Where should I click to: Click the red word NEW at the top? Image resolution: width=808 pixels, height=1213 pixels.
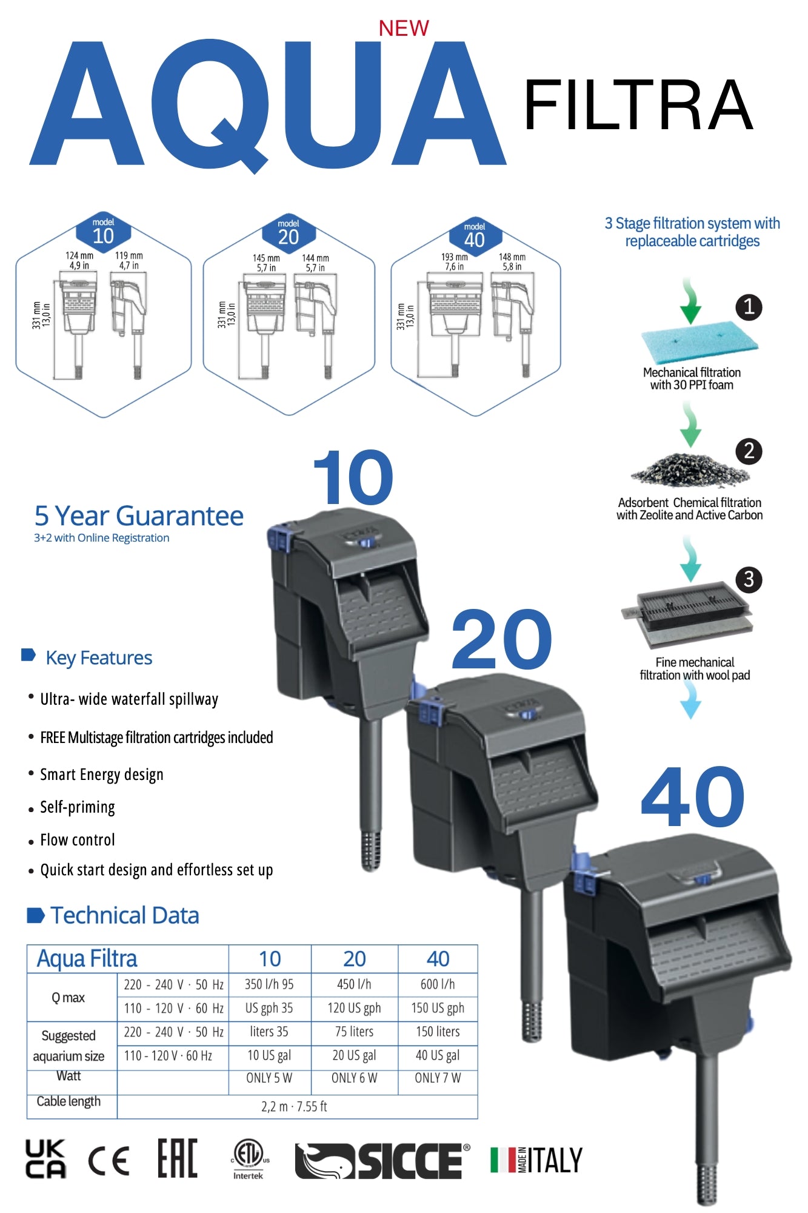point(404,28)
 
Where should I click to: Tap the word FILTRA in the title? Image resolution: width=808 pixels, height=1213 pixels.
point(638,106)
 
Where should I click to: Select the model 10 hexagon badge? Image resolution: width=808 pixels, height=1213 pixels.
point(103,232)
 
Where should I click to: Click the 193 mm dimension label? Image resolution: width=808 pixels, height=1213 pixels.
point(454,257)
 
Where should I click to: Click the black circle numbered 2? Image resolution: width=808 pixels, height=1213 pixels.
point(749,451)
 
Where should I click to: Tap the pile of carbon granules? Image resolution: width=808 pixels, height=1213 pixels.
point(690,471)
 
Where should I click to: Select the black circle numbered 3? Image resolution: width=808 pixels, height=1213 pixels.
point(749,580)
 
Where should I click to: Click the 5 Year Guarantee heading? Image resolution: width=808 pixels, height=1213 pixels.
point(139,516)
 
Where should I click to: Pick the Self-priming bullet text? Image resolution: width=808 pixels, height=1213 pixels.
point(78,807)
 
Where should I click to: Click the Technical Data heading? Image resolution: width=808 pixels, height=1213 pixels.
point(124,915)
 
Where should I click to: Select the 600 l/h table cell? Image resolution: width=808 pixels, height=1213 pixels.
point(438,984)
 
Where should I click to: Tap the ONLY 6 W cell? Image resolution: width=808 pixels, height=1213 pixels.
point(354,1078)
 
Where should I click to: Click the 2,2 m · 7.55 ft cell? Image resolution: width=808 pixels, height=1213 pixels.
point(295,1106)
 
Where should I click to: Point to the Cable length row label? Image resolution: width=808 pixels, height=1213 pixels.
point(68,1101)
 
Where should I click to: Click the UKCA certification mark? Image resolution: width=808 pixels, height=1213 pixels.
point(45,1159)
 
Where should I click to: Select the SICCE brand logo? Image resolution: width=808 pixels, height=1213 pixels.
point(382,1161)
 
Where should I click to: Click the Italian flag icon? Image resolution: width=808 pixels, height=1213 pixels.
point(502,1160)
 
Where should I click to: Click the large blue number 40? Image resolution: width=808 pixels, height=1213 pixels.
point(692,797)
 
